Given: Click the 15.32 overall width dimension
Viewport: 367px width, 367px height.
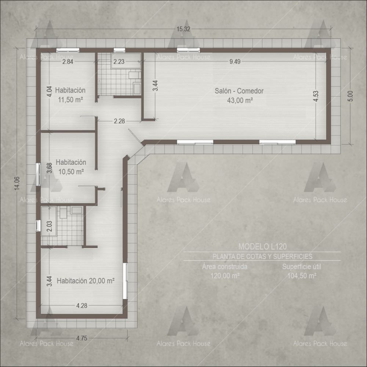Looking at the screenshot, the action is (183, 29).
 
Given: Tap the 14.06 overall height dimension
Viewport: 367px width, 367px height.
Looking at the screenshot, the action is (17, 183).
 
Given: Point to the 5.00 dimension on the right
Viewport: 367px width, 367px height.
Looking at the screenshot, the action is (350, 96).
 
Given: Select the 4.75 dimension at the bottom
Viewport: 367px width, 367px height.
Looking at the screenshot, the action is (82, 338).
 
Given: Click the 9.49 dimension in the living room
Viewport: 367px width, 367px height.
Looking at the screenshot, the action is (235, 62).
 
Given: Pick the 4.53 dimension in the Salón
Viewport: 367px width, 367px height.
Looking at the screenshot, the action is (316, 96).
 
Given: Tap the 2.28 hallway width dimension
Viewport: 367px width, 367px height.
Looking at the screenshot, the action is (119, 121).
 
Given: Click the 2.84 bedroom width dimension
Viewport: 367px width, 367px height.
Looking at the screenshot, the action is (68, 62).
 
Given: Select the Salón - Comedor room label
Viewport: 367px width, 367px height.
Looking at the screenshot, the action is (239, 91).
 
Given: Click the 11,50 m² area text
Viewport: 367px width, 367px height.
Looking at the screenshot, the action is (70, 100).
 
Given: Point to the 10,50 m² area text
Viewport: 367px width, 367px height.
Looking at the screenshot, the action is (71, 171).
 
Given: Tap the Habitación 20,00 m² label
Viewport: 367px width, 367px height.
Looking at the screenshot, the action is (86, 281).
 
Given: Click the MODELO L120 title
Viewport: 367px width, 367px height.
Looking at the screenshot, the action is (262, 247).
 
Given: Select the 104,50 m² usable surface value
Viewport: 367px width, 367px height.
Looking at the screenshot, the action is (302, 276).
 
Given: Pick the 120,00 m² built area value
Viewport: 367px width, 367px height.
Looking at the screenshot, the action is (225, 276).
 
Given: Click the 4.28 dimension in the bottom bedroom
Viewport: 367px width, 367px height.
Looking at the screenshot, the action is (82, 305).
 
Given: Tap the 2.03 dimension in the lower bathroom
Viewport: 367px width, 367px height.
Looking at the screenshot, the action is (50, 226).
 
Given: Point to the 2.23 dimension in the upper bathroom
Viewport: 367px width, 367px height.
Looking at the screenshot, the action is (119, 62).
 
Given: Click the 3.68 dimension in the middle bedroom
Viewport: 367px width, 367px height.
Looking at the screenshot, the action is (50, 168).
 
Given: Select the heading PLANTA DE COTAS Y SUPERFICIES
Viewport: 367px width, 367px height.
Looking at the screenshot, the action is (262, 257).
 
